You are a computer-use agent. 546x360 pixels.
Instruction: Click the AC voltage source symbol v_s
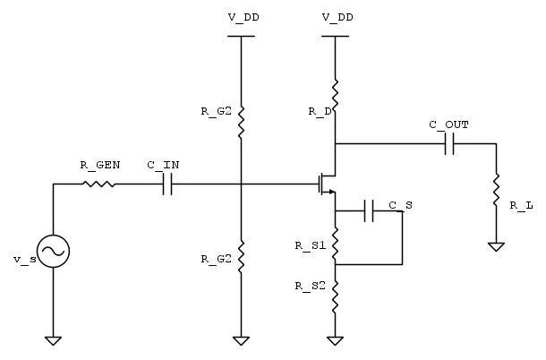pos(53,253)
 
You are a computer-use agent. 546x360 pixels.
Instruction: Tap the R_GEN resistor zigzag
pos(98,184)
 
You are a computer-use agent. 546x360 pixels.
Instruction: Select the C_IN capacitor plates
pos(166,184)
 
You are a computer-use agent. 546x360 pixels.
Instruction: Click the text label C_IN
pos(163,166)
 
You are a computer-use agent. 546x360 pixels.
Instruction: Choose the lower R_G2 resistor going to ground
pos(241,256)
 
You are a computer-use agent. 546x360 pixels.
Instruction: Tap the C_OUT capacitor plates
pos(450,143)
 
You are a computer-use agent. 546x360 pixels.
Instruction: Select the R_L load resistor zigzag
pos(494,190)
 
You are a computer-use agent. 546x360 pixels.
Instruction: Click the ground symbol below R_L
pos(494,244)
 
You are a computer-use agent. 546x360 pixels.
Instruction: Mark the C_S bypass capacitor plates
pos(370,211)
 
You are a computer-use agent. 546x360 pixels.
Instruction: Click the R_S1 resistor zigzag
pos(335,244)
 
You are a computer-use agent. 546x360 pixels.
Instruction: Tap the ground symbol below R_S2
pos(335,340)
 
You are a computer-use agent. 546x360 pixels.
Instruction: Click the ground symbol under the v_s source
pos(53,340)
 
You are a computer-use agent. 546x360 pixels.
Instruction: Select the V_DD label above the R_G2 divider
pos(241,17)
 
